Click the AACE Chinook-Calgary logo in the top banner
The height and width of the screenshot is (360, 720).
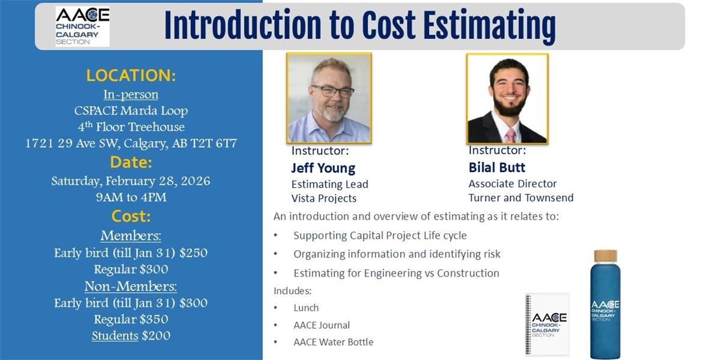(x=83, y=26)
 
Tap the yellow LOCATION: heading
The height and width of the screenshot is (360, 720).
(x=131, y=75)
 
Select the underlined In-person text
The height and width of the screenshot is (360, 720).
(x=131, y=95)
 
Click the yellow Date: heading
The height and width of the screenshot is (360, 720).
(x=131, y=163)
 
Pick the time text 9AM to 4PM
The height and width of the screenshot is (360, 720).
(x=131, y=197)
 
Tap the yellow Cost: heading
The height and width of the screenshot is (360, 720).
(x=131, y=217)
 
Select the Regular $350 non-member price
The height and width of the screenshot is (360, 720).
(x=131, y=319)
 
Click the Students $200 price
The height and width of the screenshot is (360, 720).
(x=131, y=336)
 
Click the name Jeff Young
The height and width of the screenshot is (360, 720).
(x=323, y=168)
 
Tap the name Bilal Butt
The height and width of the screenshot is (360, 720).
(x=497, y=167)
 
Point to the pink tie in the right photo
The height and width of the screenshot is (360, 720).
(x=511, y=136)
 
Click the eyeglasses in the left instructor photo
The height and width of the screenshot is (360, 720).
(x=332, y=91)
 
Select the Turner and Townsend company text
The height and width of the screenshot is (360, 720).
(x=521, y=197)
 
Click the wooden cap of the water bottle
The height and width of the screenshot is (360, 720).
(x=605, y=256)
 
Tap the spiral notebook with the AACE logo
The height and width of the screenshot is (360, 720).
(x=547, y=324)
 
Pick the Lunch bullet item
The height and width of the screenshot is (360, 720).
(x=306, y=308)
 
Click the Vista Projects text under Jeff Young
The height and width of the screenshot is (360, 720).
(x=323, y=199)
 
